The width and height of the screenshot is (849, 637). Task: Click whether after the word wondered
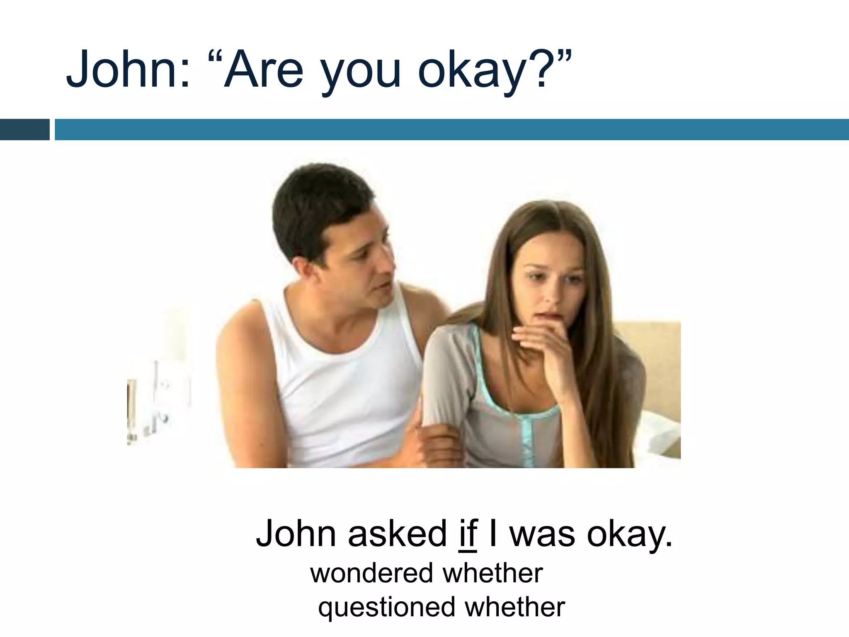pyautogui.click(x=493, y=573)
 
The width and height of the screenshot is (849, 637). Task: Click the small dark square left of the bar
pyautogui.click(x=24, y=129)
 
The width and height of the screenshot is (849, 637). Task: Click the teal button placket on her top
pyautogui.click(x=527, y=440)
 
